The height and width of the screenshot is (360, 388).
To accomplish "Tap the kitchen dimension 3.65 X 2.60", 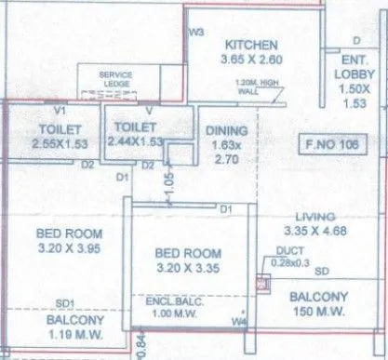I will [250, 60].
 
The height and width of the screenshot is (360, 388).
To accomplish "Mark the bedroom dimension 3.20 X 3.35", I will [188, 267].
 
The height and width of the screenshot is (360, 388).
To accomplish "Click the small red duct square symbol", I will [260, 282].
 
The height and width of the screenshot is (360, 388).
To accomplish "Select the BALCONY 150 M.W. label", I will [318, 304].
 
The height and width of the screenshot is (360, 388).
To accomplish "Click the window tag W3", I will [196, 32].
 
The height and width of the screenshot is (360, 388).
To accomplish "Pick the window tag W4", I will [240, 323].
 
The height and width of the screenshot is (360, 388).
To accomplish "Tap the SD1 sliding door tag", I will [64, 302].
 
